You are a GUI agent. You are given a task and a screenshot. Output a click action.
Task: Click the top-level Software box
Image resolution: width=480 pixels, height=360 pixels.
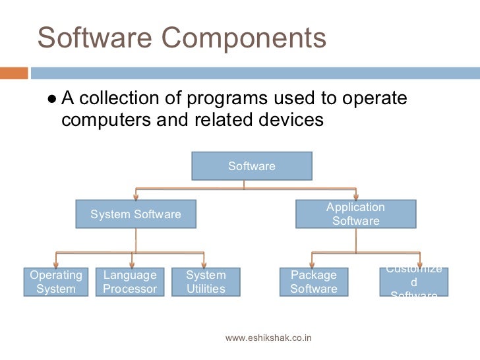click(251, 166)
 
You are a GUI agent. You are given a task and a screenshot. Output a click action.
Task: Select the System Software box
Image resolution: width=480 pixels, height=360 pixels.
click(135, 214)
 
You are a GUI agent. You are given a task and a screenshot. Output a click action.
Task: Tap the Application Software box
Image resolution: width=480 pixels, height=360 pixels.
click(355, 214)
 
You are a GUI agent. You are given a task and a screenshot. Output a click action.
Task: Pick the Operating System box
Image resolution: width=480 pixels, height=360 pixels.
click(56, 282)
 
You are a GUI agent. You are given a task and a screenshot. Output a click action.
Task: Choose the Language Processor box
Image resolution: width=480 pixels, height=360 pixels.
click(130, 282)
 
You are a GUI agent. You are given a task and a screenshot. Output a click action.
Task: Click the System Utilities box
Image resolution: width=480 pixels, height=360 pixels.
click(206, 282)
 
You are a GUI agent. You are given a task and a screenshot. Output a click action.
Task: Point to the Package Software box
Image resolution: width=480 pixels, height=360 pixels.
click(313, 282)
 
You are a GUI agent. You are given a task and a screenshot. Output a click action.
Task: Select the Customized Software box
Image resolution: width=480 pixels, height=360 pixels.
click(414, 282)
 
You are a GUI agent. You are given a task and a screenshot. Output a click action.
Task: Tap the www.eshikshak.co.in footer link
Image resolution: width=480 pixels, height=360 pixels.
click(268, 338)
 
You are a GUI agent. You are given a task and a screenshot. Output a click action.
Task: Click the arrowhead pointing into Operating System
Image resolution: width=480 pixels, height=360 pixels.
click(55, 264)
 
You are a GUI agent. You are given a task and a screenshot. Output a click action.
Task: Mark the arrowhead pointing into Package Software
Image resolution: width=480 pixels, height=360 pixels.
click(313, 264)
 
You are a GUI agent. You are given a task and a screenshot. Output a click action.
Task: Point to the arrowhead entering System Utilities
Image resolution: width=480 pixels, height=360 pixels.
click(204, 264)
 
